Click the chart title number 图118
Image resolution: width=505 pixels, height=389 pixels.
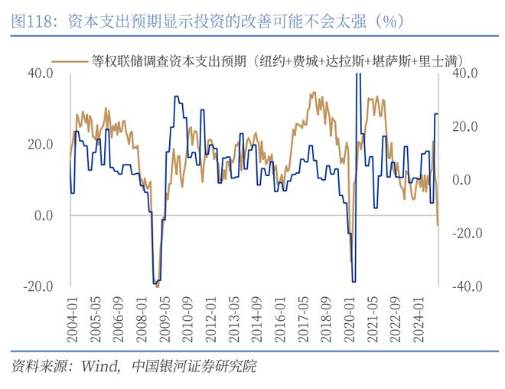[x=33, y=21]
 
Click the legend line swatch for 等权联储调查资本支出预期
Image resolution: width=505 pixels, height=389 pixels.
[x=69, y=58]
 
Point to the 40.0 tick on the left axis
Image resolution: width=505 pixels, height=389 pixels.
[x=40, y=74]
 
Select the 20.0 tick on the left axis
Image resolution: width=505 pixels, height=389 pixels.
[x=40, y=145]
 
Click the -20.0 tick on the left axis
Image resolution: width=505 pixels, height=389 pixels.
[x=37, y=286]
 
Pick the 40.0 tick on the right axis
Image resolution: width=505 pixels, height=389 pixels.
[x=465, y=74]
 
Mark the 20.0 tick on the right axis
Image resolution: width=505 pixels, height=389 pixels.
[x=465, y=126]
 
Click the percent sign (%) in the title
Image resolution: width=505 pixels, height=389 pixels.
[x=390, y=21]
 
